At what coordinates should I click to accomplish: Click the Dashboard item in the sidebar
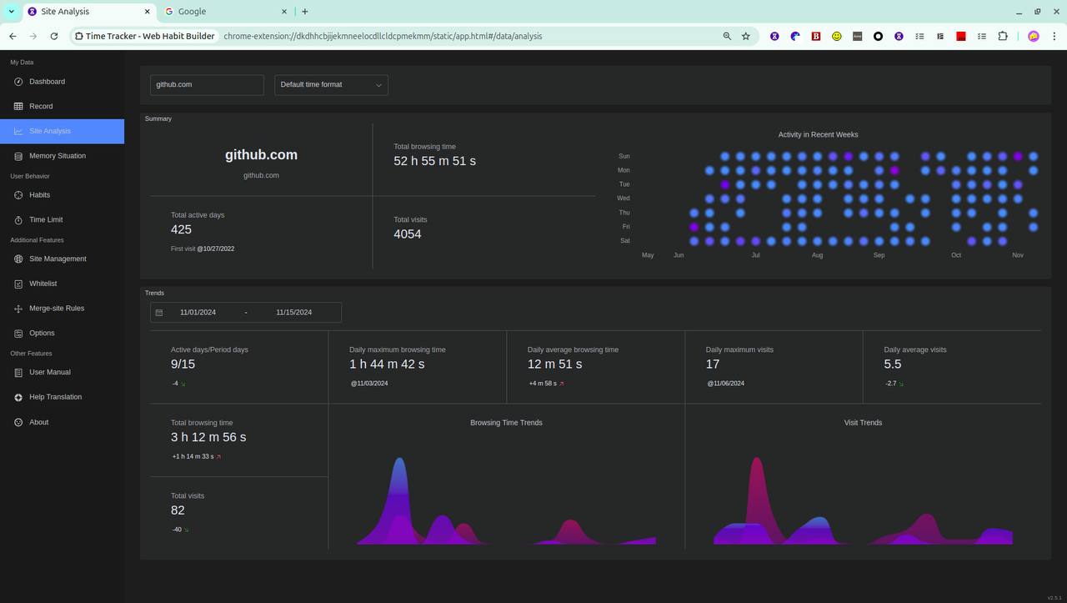coord(47,82)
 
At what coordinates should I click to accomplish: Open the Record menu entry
coord(41,106)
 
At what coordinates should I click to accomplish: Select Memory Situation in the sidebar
coord(57,156)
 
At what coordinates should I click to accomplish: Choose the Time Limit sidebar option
coord(46,219)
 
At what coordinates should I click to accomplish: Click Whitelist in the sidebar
coord(43,284)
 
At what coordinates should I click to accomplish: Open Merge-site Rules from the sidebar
coord(56,309)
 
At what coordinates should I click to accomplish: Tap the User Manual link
coord(49,372)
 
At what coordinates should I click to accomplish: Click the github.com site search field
coord(207,84)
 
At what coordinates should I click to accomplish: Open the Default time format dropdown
coord(331,84)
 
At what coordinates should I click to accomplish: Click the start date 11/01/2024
coord(198,312)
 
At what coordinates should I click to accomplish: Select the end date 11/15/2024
coord(293,312)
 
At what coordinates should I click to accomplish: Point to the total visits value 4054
coord(408,234)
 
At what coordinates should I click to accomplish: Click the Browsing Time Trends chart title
coord(506,423)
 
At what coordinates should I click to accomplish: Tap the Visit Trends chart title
coord(863,423)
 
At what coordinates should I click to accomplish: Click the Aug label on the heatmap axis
coord(817,255)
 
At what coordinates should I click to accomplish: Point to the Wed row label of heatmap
coord(624,198)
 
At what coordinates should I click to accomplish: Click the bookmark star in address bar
coord(746,37)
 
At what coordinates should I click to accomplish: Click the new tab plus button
coord(305,12)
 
